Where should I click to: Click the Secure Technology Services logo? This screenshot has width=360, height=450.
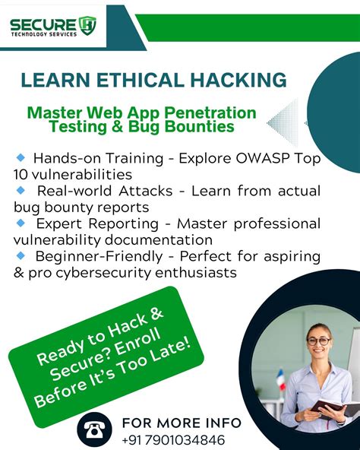(53, 27)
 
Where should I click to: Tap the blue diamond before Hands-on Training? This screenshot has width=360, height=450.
(21, 157)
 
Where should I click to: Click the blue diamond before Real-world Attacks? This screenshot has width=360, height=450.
(21, 190)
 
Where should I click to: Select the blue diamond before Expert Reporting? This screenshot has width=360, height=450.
(21, 223)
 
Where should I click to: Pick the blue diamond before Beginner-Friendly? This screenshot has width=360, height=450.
(21, 255)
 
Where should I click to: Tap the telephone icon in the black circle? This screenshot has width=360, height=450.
(94, 430)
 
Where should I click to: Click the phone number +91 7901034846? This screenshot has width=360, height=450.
(172, 439)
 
